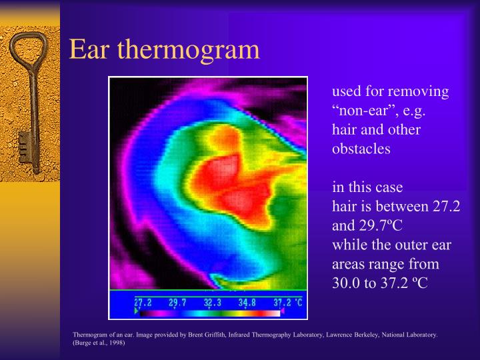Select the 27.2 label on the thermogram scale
(x=143, y=302)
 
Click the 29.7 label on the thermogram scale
(x=177, y=302)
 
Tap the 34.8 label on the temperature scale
(x=247, y=302)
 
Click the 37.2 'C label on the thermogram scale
(x=287, y=302)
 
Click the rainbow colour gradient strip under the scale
(x=210, y=311)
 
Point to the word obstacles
(x=361, y=149)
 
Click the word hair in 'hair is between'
(x=343, y=207)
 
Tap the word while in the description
(x=347, y=245)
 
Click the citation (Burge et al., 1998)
(x=98, y=344)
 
